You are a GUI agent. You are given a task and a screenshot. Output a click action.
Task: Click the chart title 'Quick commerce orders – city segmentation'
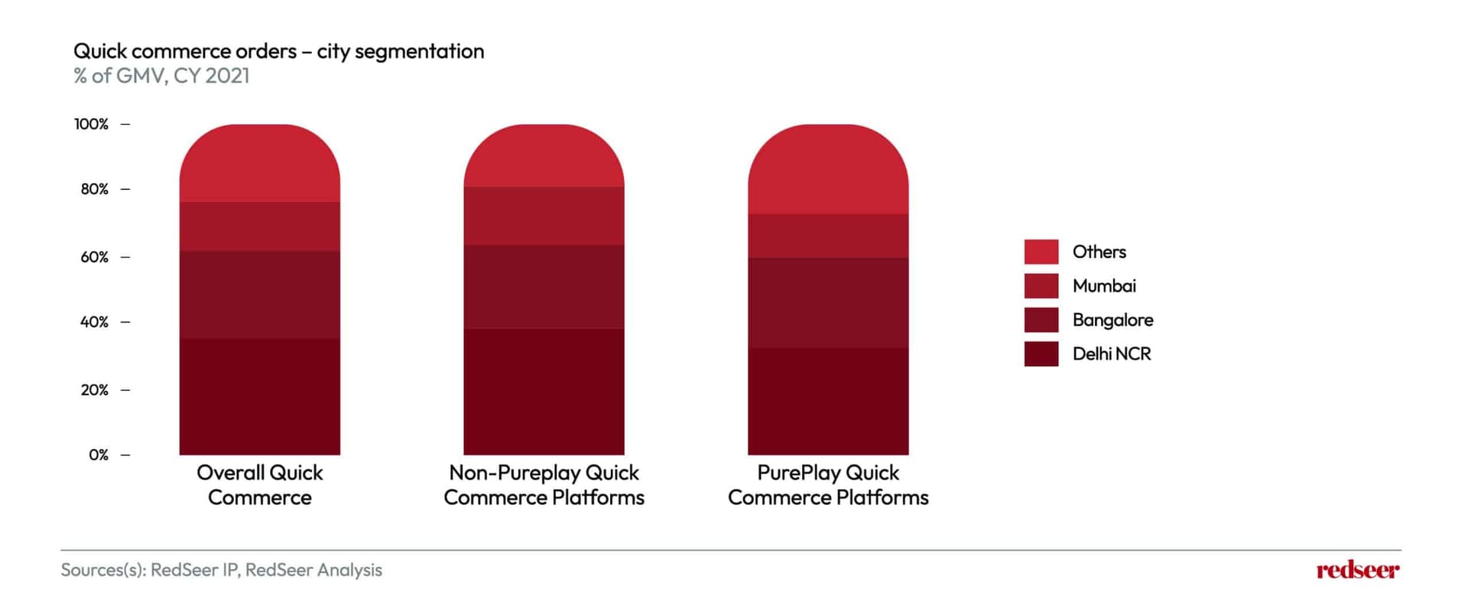pyautogui.click(x=278, y=51)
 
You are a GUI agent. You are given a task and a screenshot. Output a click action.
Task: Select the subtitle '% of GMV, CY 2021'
pyautogui.click(x=161, y=76)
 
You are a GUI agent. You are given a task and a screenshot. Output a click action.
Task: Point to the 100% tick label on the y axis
pyautogui.click(x=91, y=124)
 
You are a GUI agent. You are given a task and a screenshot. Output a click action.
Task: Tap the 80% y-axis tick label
pyautogui.click(x=94, y=189)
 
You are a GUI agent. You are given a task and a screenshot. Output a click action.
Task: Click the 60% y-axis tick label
pyautogui.click(x=94, y=257)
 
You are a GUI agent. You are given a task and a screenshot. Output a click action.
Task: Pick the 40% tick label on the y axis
pyautogui.click(x=94, y=322)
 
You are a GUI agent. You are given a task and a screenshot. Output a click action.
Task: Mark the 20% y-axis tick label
pyautogui.click(x=94, y=390)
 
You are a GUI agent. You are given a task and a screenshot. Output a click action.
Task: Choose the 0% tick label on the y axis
pyautogui.click(x=99, y=455)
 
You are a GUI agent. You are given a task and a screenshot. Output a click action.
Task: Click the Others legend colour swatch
pyautogui.click(x=1041, y=252)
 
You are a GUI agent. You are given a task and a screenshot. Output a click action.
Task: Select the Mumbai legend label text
pyautogui.click(x=1104, y=286)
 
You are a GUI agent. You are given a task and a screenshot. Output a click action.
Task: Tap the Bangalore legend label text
pyautogui.click(x=1112, y=320)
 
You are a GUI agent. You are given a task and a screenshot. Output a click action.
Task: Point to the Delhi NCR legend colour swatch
pyautogui.click(x=1041, y=354)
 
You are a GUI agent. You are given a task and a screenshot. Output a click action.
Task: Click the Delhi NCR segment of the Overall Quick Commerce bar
pyautogui.click(x=260, y=397)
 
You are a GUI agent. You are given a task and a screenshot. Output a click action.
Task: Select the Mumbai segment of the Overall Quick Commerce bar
pyautogui.click(x=260, y=226)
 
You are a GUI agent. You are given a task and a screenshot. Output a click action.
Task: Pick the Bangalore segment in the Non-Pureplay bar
pyautogui.click(x=544, y=287)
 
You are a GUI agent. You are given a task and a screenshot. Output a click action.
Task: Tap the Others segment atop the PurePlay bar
pyautogui.click(x=828, y=169)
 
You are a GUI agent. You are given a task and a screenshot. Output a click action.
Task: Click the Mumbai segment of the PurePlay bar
pyautogui.click(x=828, y=236)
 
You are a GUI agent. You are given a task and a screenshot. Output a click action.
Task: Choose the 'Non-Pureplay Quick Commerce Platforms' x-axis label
pyautogui.click(x=544, y=485)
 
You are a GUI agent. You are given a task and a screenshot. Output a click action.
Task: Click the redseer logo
pyautogui.click(x=1358, y=570)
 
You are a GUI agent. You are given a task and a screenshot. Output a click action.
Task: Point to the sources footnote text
pyautogui.click(x=222, y=570)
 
